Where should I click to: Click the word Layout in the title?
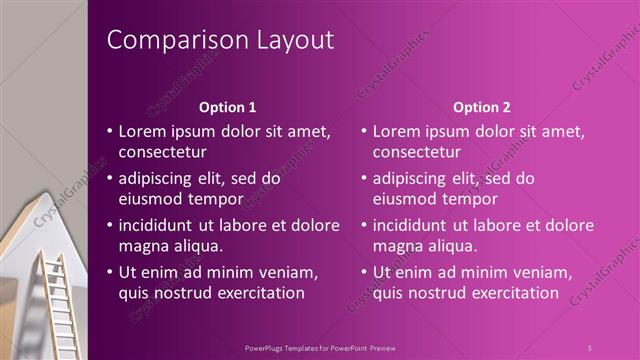[x=289, y=40]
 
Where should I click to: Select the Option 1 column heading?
[x=227, y=106]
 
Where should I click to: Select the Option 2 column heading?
[x=481, y=106]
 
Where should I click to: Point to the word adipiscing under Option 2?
[x=410, y=179]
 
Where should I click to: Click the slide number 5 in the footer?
[x=590, y=347]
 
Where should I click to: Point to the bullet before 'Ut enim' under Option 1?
[x=110, y=272]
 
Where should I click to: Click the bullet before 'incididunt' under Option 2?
[x=365, y=225]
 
